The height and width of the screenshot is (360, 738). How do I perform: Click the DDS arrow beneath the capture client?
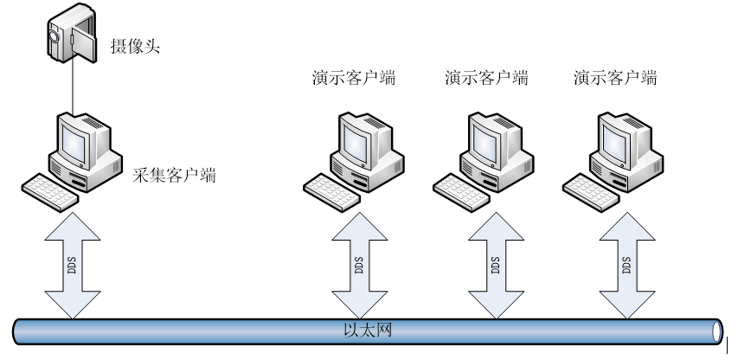click(x=74, y=264)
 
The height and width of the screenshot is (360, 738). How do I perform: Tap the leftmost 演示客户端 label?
click(x=354, y=78)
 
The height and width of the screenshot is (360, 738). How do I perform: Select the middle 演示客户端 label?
click(x=485, y=78)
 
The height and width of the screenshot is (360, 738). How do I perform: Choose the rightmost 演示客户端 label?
click(x=615, y=78)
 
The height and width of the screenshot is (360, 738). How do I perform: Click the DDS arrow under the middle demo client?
click(x=493, y=264)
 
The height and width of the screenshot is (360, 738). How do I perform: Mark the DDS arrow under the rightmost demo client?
click(x=624, y=264)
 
